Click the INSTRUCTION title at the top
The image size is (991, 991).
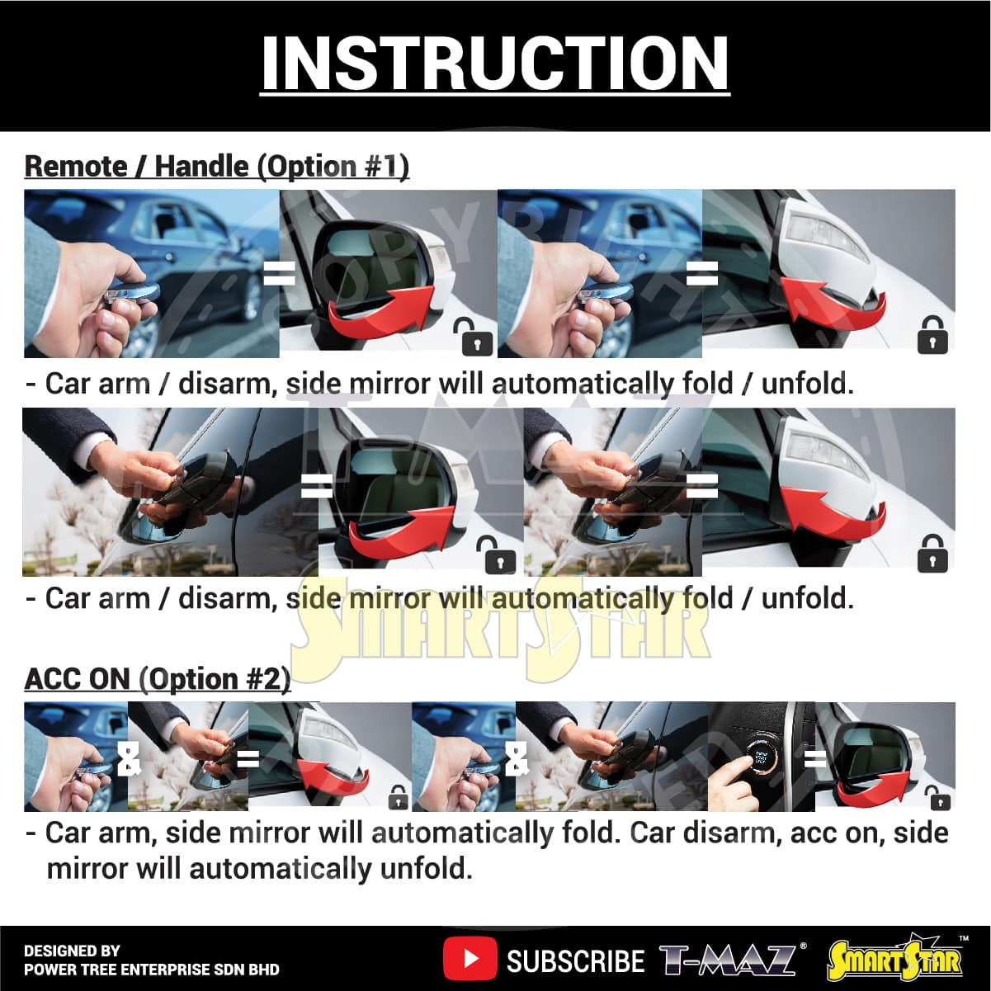click(495, 64)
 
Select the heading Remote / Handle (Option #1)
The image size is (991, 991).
click(217, 166)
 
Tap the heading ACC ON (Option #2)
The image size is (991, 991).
click(158, 679)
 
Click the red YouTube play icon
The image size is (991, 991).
click(470, 959)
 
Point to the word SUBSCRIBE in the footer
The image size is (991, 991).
click(575, 960)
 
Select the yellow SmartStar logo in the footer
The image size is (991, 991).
click(895, 960)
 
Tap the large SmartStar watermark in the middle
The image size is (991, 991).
click(499, 634)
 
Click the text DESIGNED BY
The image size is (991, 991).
click(72, 951)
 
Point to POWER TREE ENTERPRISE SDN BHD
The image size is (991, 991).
click(151, 970)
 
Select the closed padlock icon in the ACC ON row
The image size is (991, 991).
click(399, 796)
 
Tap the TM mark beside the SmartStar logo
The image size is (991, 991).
click(964, 939)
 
